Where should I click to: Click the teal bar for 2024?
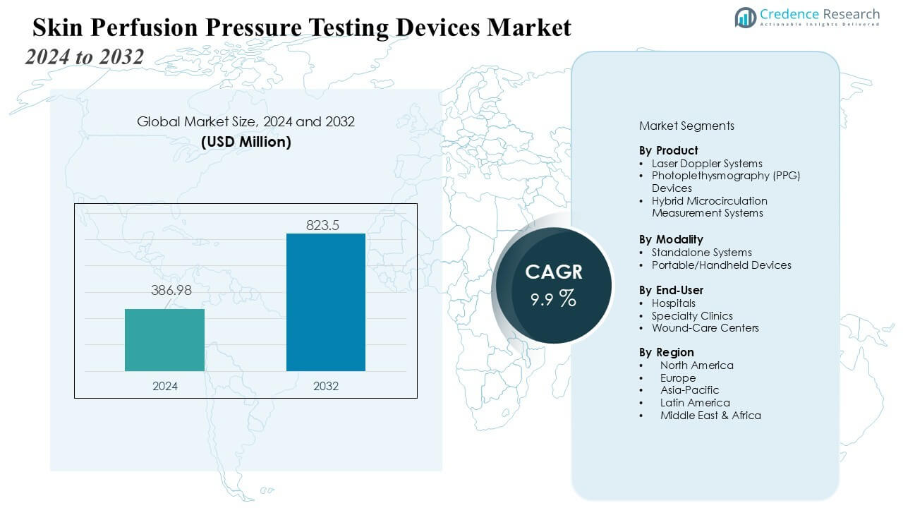pos(164,340)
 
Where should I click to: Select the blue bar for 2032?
pos(325,302)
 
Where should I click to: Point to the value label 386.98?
pos(171,290)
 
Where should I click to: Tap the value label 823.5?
pos(323,225)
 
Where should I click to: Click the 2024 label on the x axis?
pos(165,386)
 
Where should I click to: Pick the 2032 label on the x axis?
pos(325,386)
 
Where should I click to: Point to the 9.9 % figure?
pos(554,298)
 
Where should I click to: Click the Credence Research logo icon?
pos(745,17)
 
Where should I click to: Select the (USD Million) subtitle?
pos(246,141)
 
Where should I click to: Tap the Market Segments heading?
pos(686,126)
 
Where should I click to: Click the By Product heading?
pos(668,150)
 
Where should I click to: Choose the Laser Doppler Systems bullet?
pos(706,163)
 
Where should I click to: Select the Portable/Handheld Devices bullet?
pos(721,265)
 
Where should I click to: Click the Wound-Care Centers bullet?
pos(705,327)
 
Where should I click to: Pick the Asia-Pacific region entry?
pos(689,389)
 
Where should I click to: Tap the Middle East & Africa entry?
pos(710,416)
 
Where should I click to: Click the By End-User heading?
pos(671,290)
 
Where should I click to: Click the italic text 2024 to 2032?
pos(85,56)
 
